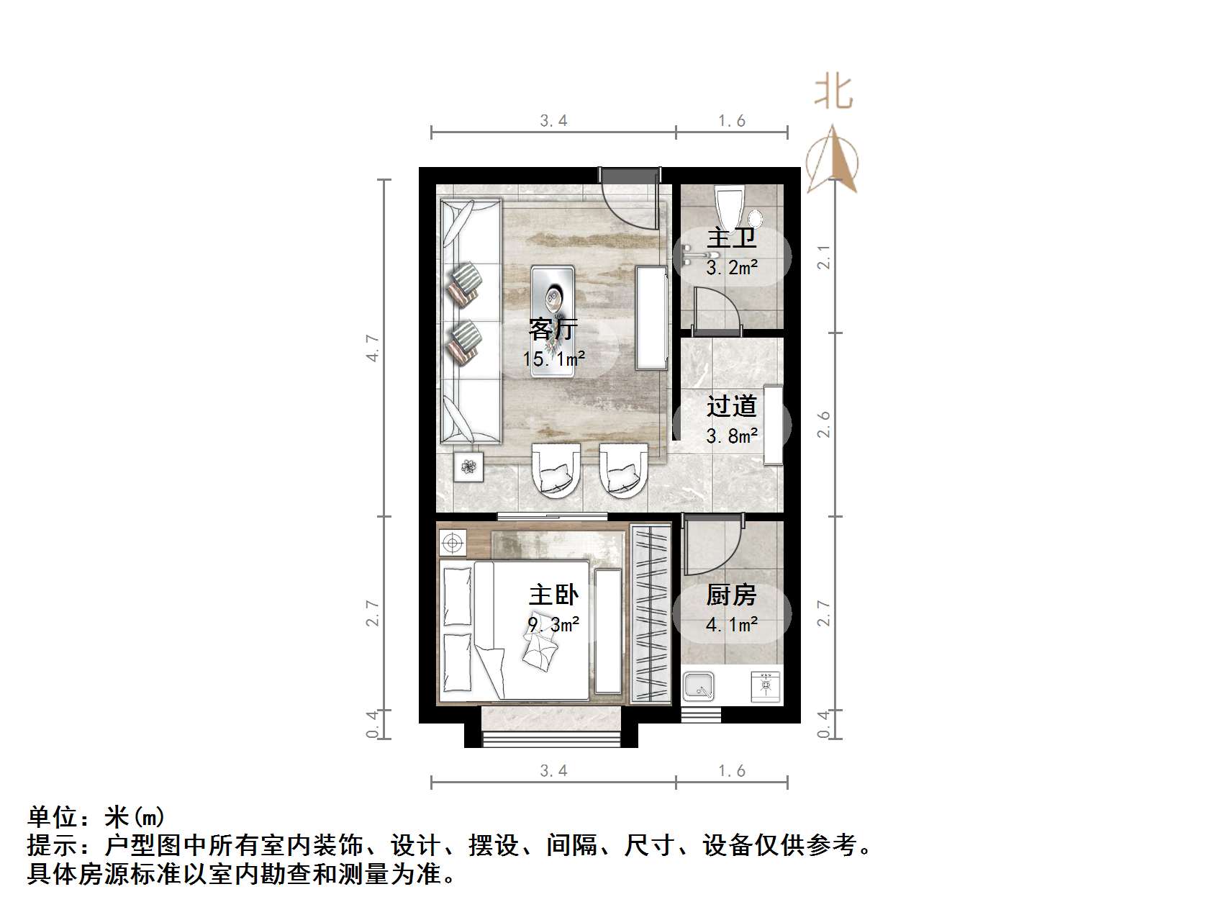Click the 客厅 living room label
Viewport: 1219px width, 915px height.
[553, 330]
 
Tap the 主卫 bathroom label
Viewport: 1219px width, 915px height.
[731, 238]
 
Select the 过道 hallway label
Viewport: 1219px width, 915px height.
[731, 407]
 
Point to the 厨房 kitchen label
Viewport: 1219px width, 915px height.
[731, 595]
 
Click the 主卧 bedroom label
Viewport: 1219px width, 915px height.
[553, 595]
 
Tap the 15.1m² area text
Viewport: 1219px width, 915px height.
[553, 358]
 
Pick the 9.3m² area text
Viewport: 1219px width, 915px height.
[553, 624]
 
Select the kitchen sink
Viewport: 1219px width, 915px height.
[698, 687]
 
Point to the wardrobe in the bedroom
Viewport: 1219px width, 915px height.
[651, 614]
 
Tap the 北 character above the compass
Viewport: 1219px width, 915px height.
[833, 92]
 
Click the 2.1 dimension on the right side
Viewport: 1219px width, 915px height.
[825, 257]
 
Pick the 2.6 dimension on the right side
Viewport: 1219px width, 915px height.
[825, 424]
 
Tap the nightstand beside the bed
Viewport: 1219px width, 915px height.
[452, 542]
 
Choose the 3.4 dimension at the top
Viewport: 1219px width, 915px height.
[553, 121]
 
